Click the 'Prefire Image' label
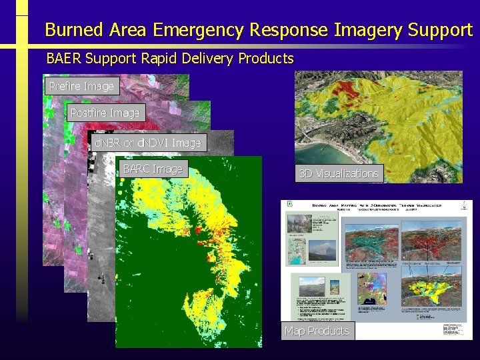click(x=81, y=86)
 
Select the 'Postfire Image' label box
click(x=105, y=113)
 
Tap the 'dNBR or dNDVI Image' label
click(x=147, y=143)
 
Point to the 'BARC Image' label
click(x=153, y=169)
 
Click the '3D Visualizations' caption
click(x=339, y=173)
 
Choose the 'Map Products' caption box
click(x=317, y=331)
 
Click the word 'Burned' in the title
click(x=73, y=30)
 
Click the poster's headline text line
click(x=377, y=206)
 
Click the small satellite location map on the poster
click(x=371, y=288)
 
